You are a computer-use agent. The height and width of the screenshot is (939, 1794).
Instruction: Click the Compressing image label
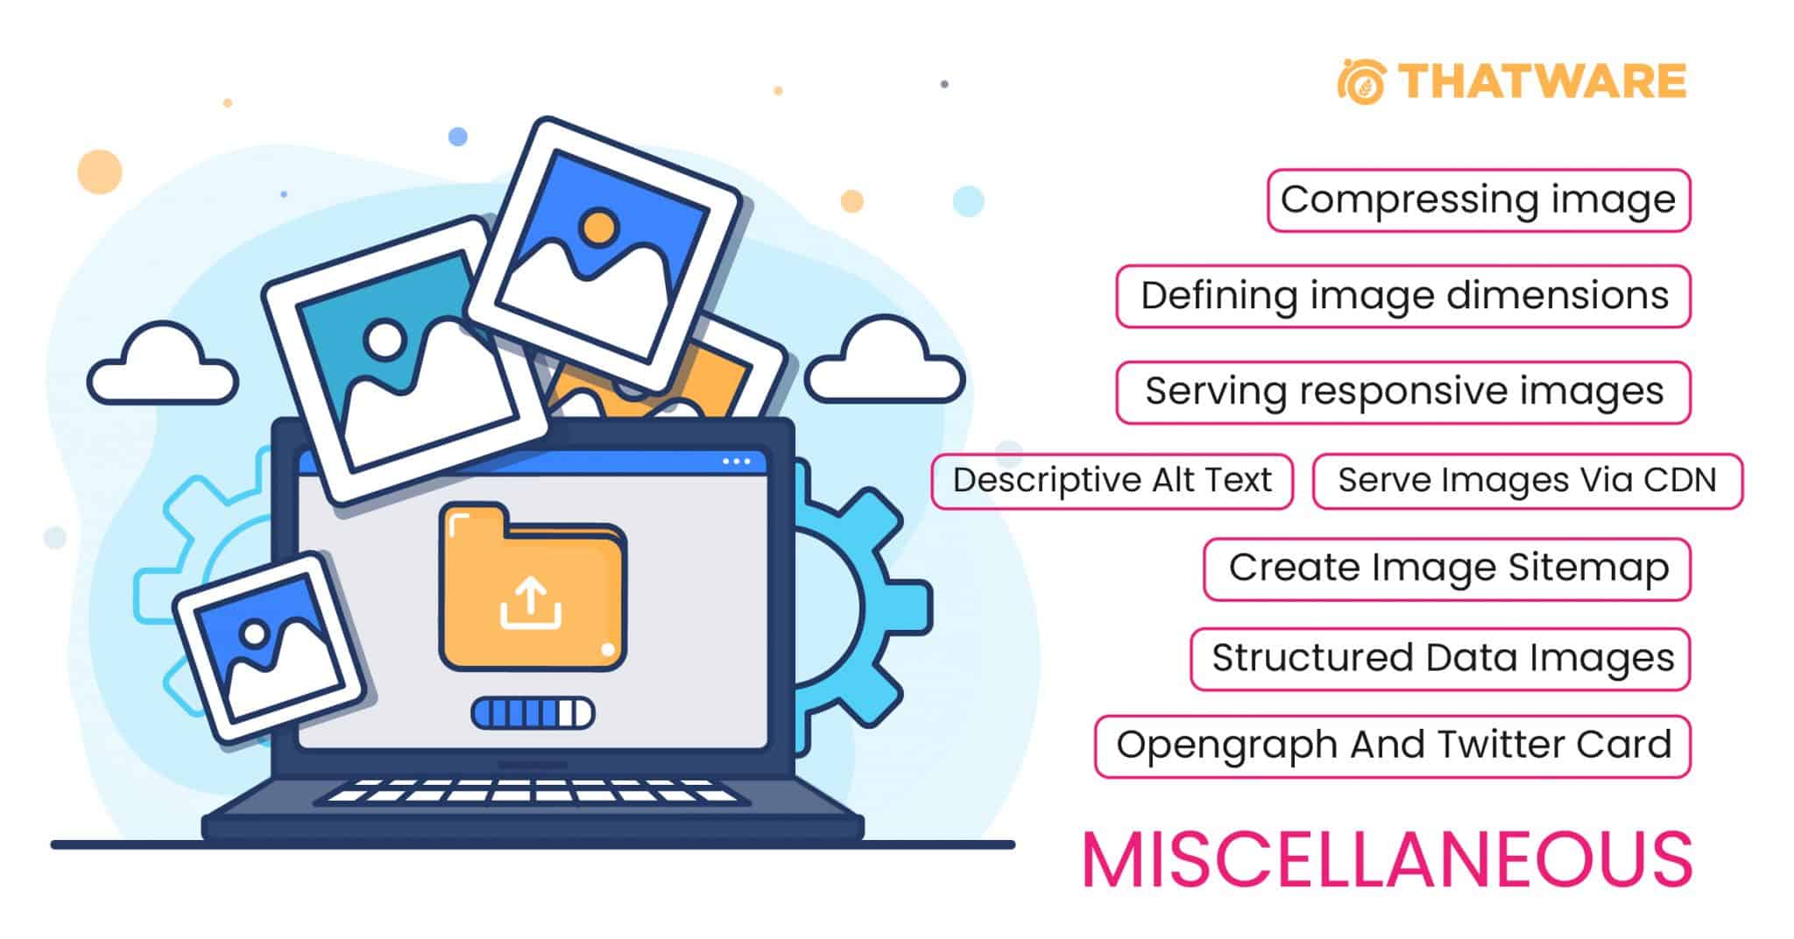click(x=1479, y=201)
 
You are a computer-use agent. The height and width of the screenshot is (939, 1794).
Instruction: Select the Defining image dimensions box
click(x=1403, y=296)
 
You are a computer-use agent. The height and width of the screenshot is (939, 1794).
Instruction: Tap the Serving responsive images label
click(x=1403, y=392)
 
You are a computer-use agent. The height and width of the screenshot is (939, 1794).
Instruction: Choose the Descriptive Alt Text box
click(x=1112, y=481)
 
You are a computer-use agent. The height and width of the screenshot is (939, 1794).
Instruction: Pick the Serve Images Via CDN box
click(x=1528, y=481)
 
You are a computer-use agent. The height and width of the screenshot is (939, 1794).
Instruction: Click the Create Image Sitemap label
click(x=1447, y=569)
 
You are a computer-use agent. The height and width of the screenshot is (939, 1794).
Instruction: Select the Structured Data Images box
click(x=1441, y=659)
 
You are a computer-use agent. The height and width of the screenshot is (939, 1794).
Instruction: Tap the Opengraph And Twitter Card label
click(x=1393, y=746)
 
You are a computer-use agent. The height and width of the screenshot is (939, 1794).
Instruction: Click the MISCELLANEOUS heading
click(x=1388, y=859)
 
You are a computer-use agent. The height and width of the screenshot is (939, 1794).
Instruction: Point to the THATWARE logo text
click(x=1542, y=81)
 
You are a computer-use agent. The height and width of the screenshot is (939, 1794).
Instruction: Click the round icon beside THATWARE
click(x=1361, y=81)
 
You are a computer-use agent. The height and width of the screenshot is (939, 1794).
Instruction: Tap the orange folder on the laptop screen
click(x=533, y=587)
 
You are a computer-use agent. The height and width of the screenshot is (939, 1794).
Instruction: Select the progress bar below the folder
click(x=533, y=713)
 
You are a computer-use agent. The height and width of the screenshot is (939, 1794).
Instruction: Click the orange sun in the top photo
click(x=599, y=227)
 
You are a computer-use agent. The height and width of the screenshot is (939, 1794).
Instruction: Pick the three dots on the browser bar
click(x=737, y=462)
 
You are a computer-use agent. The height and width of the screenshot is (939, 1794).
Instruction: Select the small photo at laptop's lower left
click(x=268, y=647)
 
